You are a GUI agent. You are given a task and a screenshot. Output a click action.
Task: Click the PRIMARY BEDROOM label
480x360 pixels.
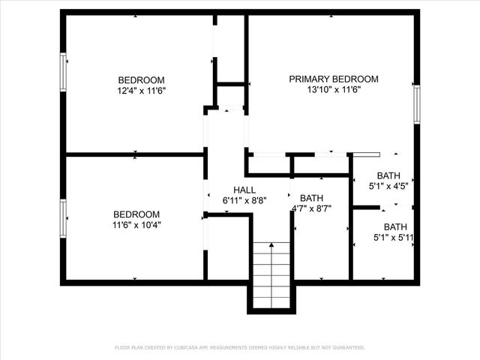334,79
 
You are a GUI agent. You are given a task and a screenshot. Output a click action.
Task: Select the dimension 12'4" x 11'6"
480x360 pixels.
141,91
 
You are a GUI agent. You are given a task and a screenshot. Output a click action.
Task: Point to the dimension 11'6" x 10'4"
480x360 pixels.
137,224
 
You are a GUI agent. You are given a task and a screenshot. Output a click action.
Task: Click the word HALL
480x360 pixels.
244,190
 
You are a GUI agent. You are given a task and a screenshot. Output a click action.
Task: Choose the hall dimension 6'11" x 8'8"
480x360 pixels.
244,201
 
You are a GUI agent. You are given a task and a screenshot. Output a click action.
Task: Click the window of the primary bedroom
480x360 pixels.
416,103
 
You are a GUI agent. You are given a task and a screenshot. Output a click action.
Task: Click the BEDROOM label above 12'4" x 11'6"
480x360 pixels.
141,80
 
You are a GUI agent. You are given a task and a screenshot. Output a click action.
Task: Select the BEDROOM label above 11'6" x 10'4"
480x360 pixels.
136,214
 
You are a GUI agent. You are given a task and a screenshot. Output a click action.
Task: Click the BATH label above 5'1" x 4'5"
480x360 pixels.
388,175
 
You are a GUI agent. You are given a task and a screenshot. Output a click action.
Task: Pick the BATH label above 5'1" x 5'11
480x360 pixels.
395,226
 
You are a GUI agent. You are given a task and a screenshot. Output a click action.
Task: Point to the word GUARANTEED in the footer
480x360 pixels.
346,347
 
